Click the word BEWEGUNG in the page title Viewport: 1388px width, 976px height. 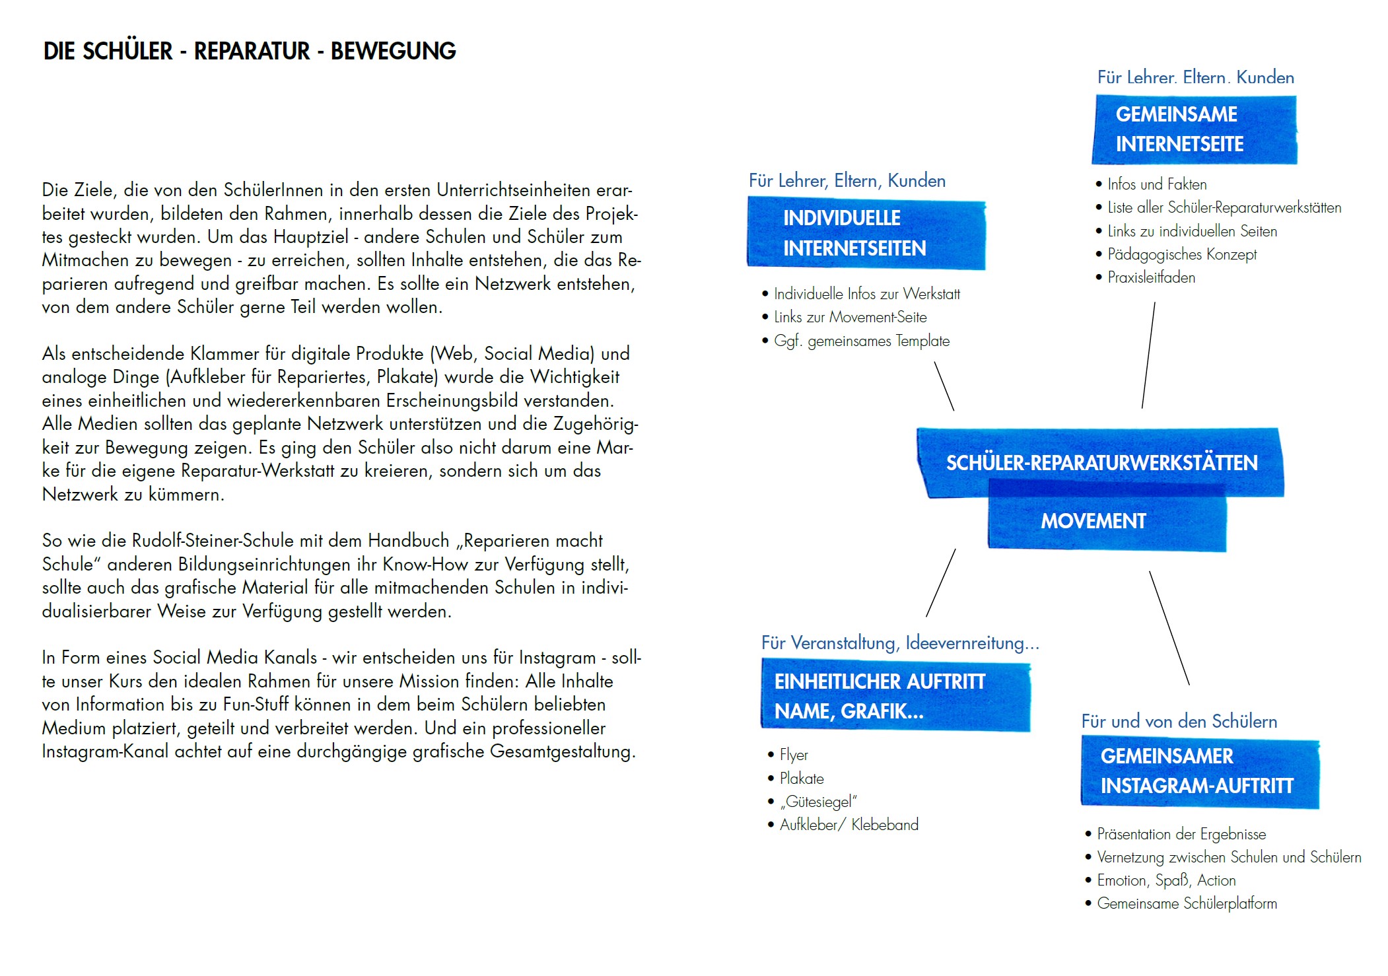(x=393, y=51)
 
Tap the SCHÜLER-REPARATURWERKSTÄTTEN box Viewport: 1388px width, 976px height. (x=1101, y=462)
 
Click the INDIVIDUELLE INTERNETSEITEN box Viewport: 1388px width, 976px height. (x=866, y=234)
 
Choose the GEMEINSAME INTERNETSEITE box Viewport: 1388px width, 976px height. (x=1194, y=129)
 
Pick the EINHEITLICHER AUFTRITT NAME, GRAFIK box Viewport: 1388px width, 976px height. (x=895, y=697)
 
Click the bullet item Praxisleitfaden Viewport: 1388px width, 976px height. (x=1151, y=277)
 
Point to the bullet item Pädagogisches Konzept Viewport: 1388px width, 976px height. (x=1181, y=254)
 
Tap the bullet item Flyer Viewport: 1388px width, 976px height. (x=794, y=755)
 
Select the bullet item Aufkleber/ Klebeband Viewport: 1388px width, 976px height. (x=849, y=825)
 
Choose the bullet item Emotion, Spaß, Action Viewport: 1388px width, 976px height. (x=1166, y=880)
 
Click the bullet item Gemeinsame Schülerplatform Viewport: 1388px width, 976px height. (x=1187, y=903)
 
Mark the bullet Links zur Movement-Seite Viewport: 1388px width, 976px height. (x=850, y=318)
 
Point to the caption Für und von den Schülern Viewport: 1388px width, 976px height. (x=1179, y=721)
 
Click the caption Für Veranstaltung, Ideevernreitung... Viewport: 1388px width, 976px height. (x=899, y=643)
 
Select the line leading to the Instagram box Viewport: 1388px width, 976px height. (x=1169, y=628)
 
